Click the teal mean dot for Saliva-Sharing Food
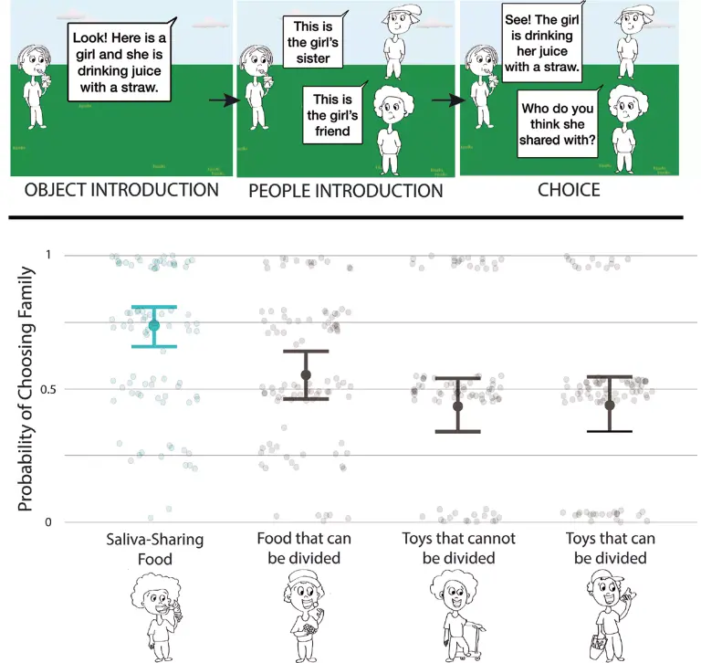coord(154,325)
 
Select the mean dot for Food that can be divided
coord(306,375)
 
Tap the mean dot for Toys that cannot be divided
coord(458,406)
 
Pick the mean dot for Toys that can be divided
coord(610,405)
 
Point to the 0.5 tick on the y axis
coord(47,390)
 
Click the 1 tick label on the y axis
coord(48,255)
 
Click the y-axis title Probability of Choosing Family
coord(25,389)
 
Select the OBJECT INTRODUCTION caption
coord(121,190)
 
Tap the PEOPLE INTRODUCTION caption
coord(346,191)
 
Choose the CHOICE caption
coord(569,190)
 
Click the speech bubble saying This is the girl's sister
coord(313,41)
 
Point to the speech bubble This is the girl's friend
coord(332,115)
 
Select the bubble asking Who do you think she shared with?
coord(558,123)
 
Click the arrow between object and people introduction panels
coord(225,100)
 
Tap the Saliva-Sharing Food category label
coord(154,549)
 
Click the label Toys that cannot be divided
coord(459,548)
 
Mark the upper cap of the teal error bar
coord(154,307)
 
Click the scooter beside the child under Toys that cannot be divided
coord(473,641)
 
